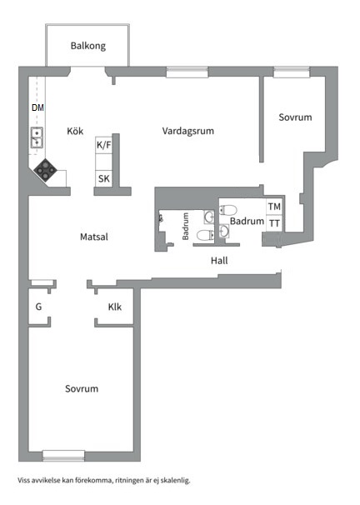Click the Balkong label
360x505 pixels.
(x=87, y=47)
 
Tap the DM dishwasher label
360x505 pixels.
(x=37, y=109)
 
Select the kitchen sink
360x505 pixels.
(x=37, y=137)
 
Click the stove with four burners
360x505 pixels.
(x=45, y=171)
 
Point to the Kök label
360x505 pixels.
(x=76, y=132)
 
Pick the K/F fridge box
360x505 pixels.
(x=104, y=146)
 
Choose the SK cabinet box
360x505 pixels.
(x=104, y=179)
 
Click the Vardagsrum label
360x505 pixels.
(x=187, y=131)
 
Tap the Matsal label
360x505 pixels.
(x=94, y=237)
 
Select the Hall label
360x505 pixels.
(x=219, y=261)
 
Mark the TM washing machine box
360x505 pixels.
(x=274, y=207)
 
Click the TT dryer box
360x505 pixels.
(x=274, y=222)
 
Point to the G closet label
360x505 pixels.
(x=38, y=307)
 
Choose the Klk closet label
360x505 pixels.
(x=115, y=307)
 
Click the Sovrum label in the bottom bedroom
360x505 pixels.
(x=82, y=389)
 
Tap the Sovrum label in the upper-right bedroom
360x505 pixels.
(x=295, y=118)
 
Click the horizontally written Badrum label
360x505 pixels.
(x=247, y=222)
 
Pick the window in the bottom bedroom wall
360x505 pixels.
(x=63, y=454)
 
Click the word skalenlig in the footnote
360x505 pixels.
(x=175, y=481)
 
